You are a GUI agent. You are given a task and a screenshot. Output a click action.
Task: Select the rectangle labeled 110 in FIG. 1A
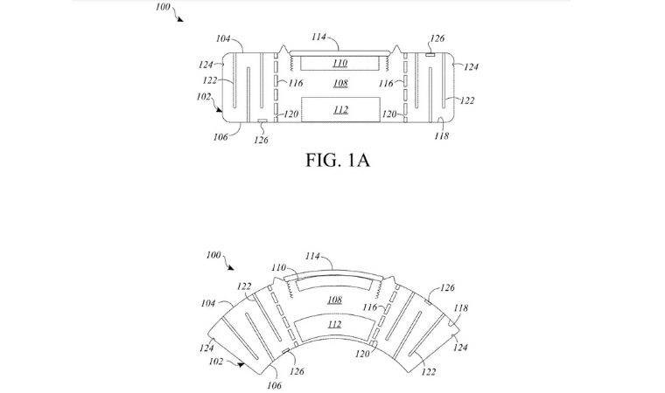(339, 63)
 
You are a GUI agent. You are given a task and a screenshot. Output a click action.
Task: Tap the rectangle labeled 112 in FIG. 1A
(339, 110)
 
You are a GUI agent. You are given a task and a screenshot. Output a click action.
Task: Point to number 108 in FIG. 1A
(339, 84)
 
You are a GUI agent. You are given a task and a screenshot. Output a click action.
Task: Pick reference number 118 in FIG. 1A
(442, 136)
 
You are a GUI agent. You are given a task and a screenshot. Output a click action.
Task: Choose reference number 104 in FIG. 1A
(222, 40)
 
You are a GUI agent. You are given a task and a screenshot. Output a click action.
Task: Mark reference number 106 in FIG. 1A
(220, 137)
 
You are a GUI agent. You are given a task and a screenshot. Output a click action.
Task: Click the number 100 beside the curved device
(213, 254)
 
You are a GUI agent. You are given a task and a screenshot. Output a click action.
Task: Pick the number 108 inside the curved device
(334, 300)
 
